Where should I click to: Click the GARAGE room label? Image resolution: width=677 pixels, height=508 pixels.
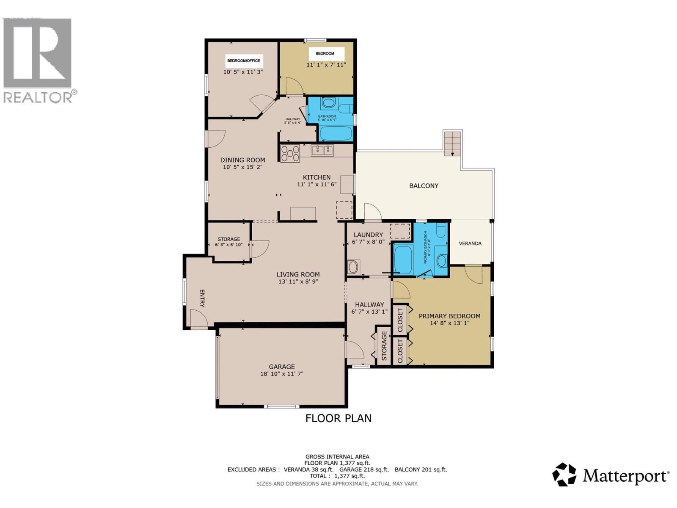pyautogui.click(x=282, y=367)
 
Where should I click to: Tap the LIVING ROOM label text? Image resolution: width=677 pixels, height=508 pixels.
pyautogui.click(x=298, y=274)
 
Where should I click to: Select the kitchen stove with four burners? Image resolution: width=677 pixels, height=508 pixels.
pyautogui.click(x=290, y=153)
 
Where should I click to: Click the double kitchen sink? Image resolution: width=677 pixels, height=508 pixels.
pyautogui.click(x=322, y=150)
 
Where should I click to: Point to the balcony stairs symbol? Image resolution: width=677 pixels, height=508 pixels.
pyautogui.click(x=452, y=144)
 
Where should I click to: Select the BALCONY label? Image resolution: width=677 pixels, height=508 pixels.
pyautogui.click(x=424, y=185)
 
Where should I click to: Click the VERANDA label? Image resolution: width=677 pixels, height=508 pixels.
pyautogui.click(x=470, y=243)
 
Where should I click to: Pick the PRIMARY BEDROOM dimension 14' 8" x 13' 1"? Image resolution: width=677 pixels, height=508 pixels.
pyautogui.click(x=449, y=323)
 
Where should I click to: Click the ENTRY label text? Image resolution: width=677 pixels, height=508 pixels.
pyautogui.click(x=202, y=298)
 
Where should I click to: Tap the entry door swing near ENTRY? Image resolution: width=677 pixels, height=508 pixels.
pyautogui.click(x=198, y=318)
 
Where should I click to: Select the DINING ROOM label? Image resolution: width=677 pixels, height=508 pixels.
pyautogui.click(x=242, y=160)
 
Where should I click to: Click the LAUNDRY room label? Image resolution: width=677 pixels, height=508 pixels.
pyautogui.click(x=368, y=235)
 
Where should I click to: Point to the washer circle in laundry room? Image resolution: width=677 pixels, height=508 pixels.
pyautogui.click(x=352, y=267)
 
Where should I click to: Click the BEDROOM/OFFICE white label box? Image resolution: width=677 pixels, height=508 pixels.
pyautogui.click(x=244, y=61)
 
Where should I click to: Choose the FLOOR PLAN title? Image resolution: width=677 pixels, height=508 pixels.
pyautogui.click(x=338, y=418)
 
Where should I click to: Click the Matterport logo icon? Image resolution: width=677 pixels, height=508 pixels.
pyautogui.click(x=564, y=475)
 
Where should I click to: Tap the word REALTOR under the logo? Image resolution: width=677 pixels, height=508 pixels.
pyautogui.click(x=38, y=97)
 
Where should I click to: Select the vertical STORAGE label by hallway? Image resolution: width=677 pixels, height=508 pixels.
pyautogui.click(x=384, y=345)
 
